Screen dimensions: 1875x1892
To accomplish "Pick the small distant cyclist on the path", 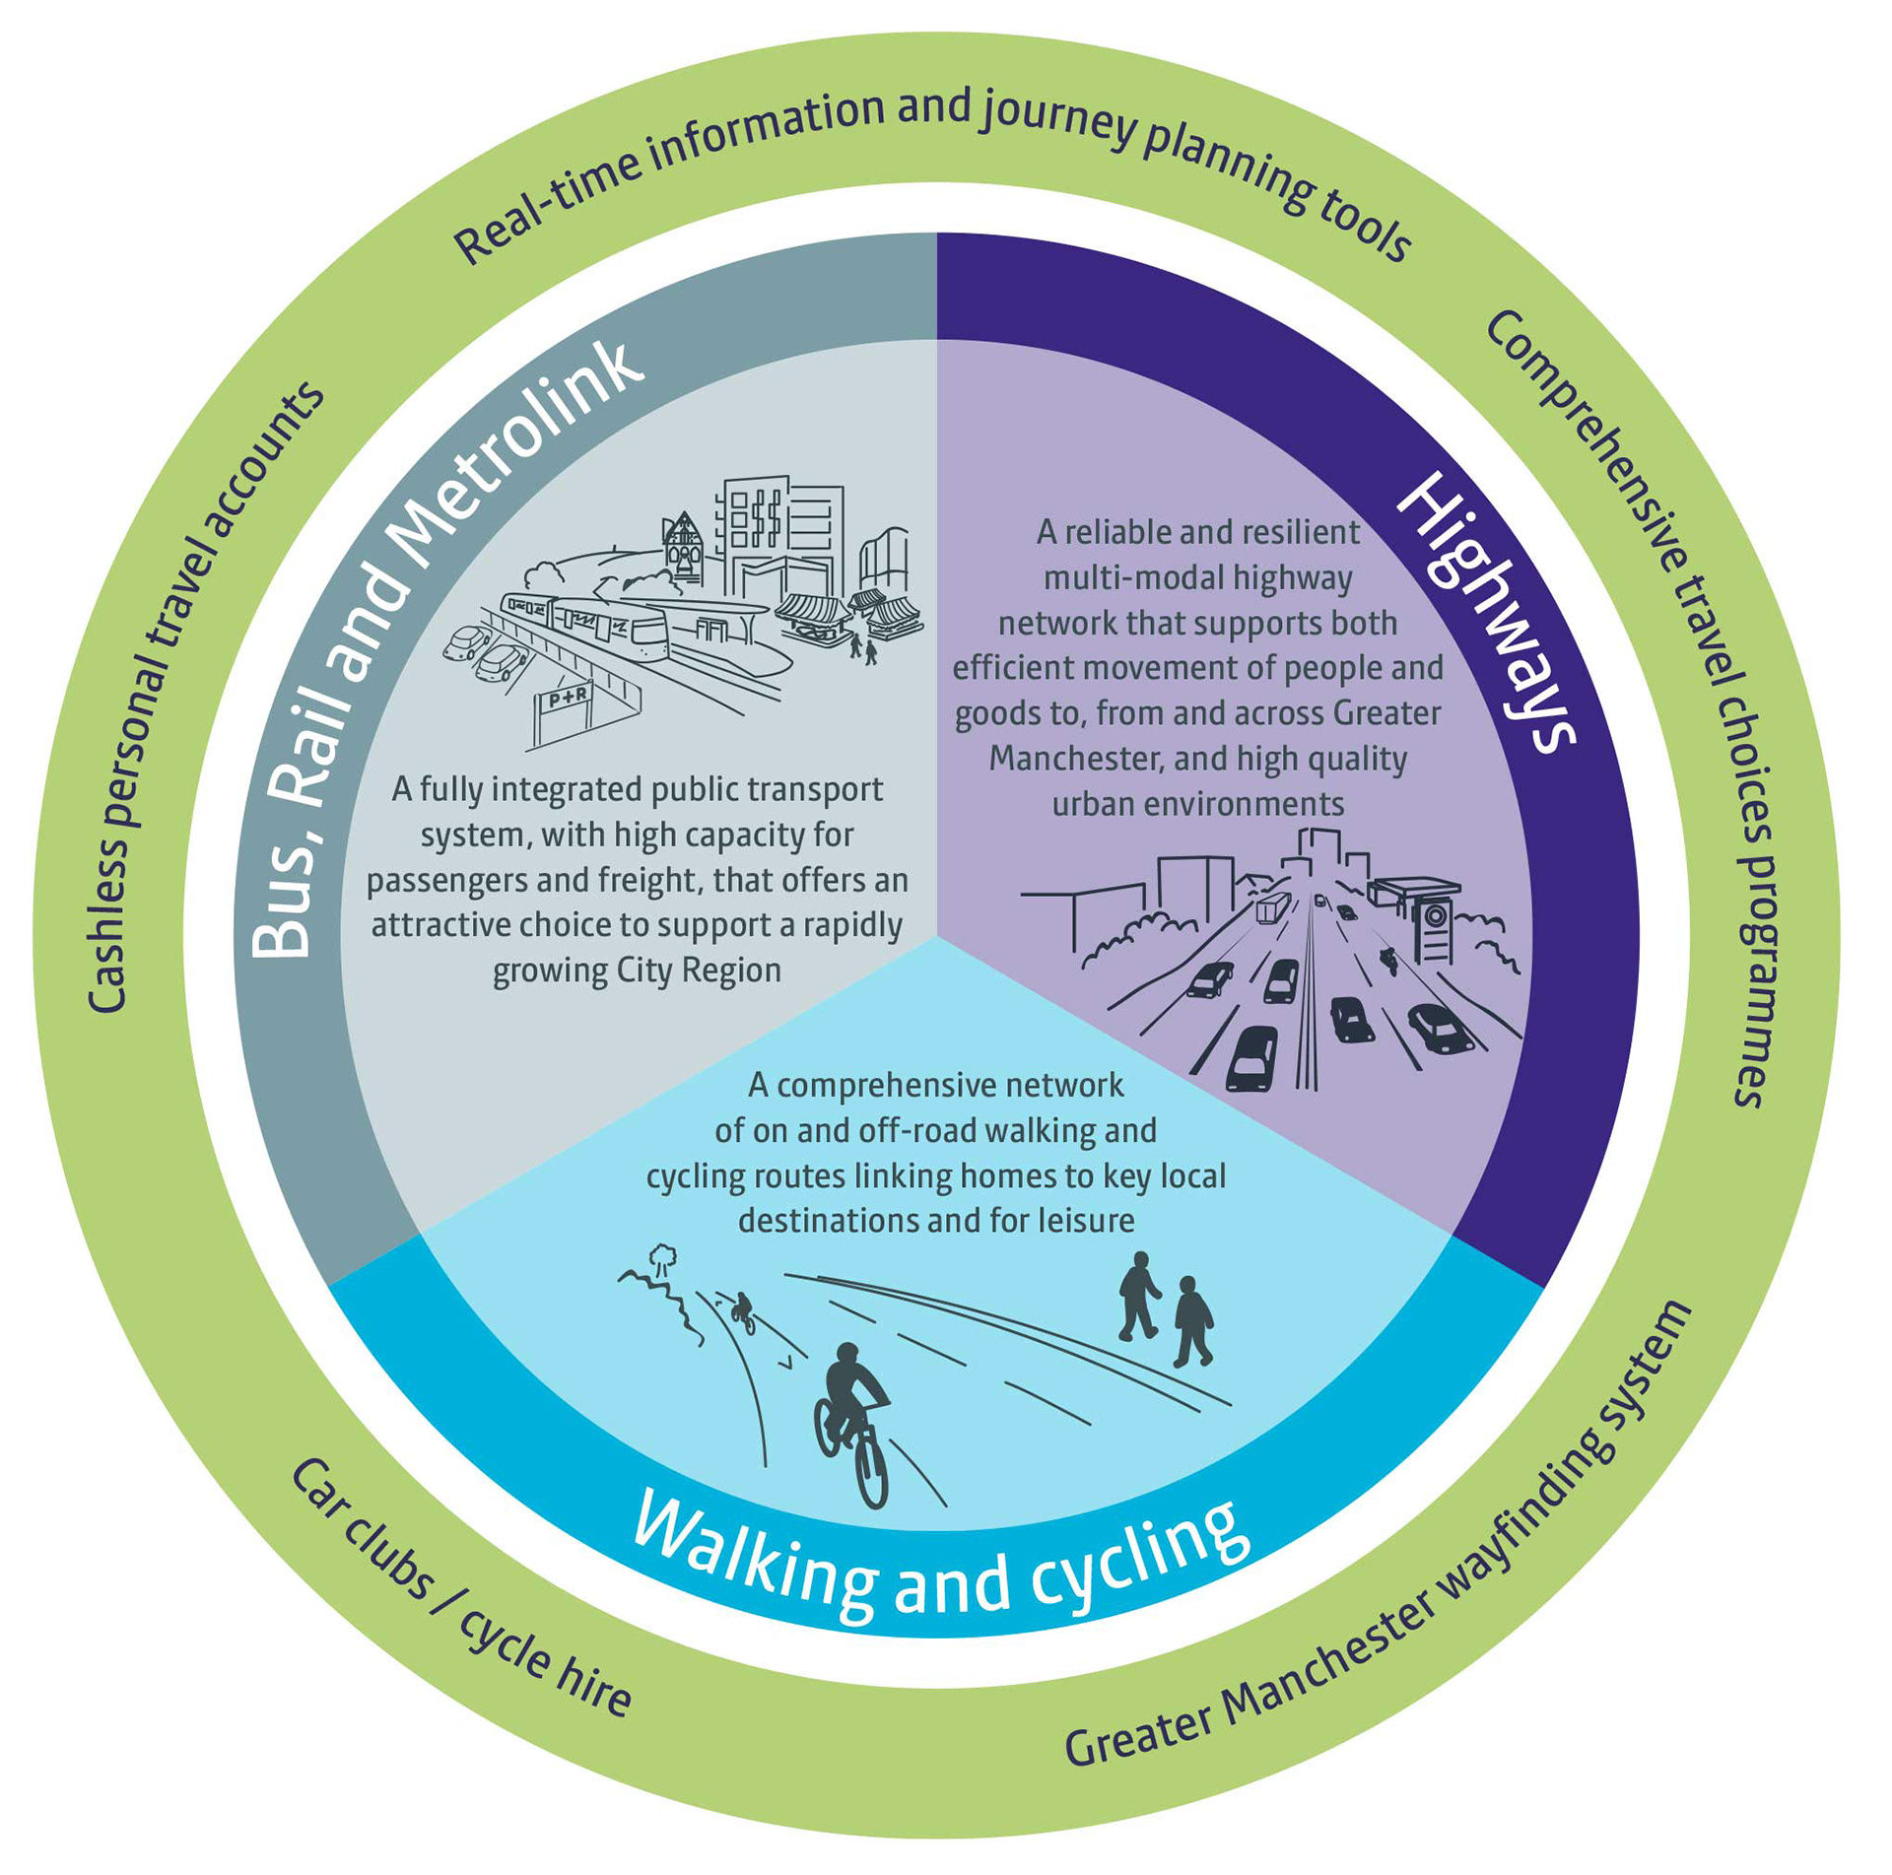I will point(742,1311).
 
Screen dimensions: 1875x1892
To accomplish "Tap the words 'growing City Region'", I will point(637,971).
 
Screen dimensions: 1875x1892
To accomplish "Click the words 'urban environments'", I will point(1197,804).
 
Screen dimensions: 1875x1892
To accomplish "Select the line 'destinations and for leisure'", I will point(936,1221).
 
